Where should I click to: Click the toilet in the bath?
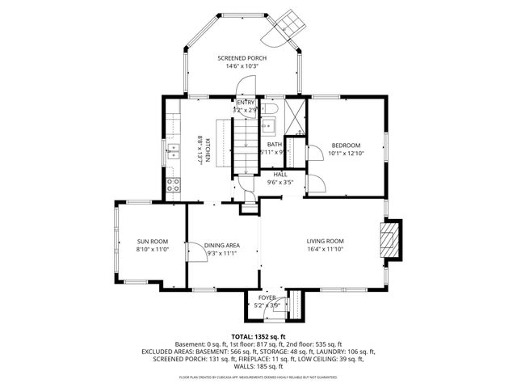click(x=271, y=110)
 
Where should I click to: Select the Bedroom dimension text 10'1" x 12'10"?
click(x=346, y=153)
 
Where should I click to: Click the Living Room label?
click(x=325, y=241)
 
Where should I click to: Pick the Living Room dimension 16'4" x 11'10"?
click(x=325, y=249)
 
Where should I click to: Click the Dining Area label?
click(x=221, y=245)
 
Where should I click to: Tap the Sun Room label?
click(x=152, y=241)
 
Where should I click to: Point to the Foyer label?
click(x=267, y=297)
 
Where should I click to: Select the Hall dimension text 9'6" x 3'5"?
click(x=280, y=182)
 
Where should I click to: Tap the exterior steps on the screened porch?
click(x=288, y=23)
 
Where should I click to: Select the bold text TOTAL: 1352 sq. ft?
click(x=258, y=336)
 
